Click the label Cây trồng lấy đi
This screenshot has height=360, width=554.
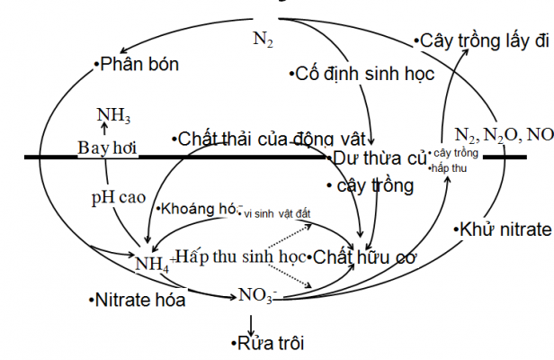click(x=483, y=40)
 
